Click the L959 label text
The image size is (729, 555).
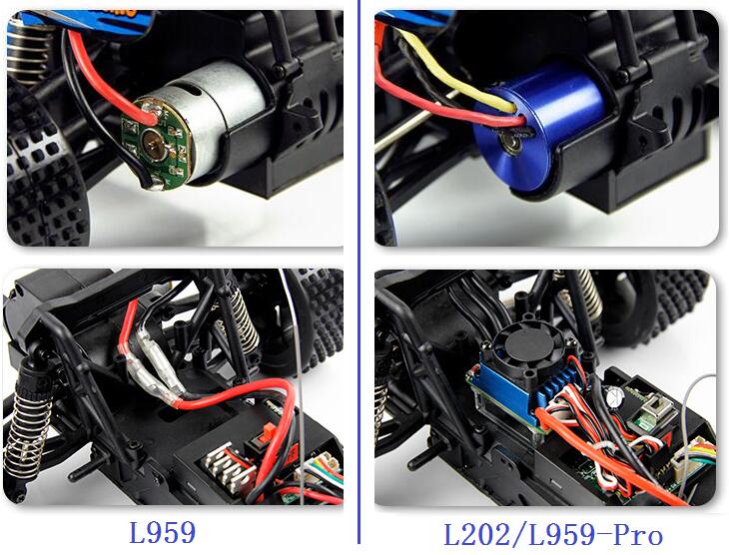pyautogui.click(x=162, y=533)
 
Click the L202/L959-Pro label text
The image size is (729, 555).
pyautogui.click(x=553, y=535)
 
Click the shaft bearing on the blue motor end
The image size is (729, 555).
pyautogui.click(x=512, y=141)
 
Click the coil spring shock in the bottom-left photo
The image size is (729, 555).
pyautogui.click(x=26, y=427)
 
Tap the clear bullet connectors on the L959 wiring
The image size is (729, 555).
pyautogui.click(x=154, y=367)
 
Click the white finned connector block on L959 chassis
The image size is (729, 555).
pyautogui.click(x=229, y=468)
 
